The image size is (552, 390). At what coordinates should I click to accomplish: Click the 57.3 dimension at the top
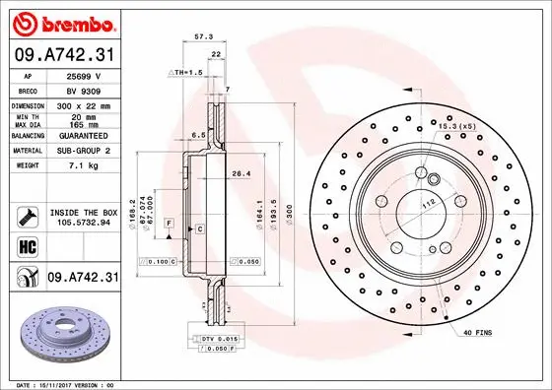click(204, 36)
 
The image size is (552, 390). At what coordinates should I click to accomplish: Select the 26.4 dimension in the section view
click(240, 174)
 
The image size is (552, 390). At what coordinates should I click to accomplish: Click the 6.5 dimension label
click(197, 135)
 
